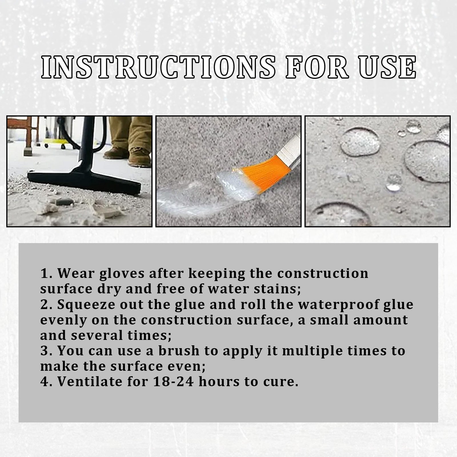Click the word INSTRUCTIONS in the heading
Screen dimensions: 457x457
[x=158, y=67]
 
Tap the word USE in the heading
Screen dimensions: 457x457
[x=387, y=67]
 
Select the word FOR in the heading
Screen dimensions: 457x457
[x=317, y=67]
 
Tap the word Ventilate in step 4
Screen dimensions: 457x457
[x=90, y=382]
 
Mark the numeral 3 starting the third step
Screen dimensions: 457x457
[x=45, y=351]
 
